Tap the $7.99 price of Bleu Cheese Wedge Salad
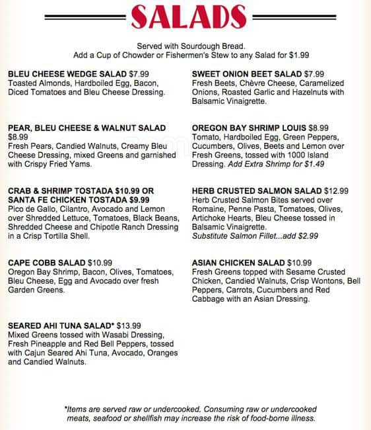point(144,73)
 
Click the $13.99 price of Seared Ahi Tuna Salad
point(129,325)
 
